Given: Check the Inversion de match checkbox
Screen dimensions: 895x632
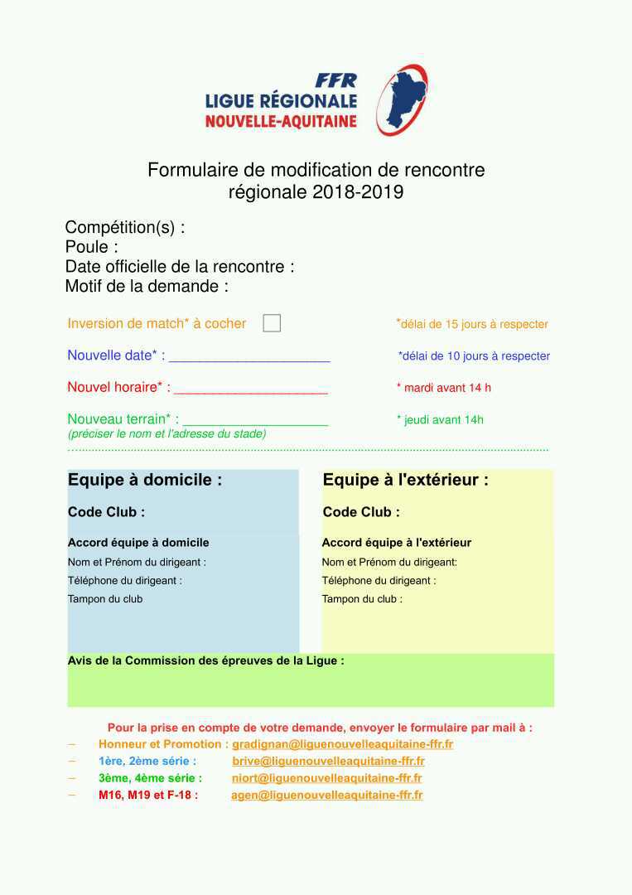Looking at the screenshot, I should tap(272, 323).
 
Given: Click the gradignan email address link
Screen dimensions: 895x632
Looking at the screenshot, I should tap(342, 744).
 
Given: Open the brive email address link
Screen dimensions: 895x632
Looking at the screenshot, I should tap(328, 761).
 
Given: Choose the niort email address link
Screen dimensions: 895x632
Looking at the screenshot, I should tap(326, 778).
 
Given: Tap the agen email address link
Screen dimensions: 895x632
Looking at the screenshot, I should tap(326, 795).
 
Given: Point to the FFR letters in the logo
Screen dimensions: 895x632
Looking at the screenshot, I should tap(335, 80).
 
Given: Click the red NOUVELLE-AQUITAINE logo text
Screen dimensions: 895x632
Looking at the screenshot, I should tap(281, 121).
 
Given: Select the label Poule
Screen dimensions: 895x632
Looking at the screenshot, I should tap(91, 247).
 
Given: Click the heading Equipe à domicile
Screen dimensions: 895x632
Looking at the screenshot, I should tap(144, 480).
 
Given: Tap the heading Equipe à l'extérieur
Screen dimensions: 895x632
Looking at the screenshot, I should tap(405, 480).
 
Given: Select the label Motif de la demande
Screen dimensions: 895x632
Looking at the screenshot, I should tap(147, 287).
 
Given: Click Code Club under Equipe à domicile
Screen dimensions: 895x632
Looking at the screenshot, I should tap(106, 512).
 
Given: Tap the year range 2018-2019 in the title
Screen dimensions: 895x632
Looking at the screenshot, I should tap(358, 192).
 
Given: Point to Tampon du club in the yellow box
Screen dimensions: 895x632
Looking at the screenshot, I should tap(361, 599).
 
